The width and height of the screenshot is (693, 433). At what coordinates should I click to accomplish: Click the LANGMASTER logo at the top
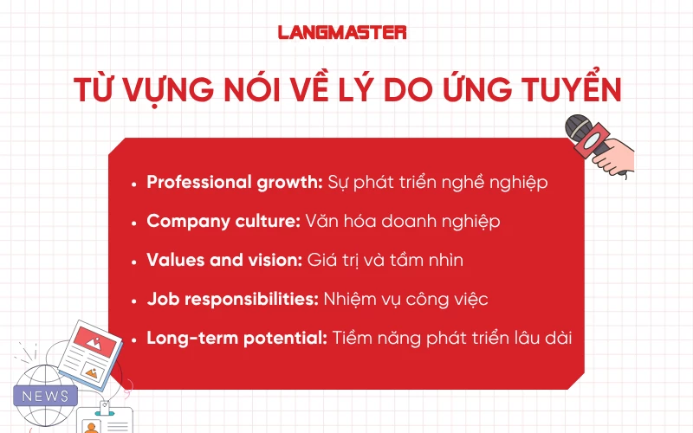(x=342, y=32)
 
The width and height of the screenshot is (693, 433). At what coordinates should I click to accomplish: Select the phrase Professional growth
(x=235, y=183)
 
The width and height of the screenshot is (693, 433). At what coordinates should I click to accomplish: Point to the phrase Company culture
(x=223, y=222)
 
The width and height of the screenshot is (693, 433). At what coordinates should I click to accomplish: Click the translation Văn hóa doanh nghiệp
(x=403, y=222)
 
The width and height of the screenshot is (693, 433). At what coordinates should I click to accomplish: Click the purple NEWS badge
(x=46, y=396)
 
